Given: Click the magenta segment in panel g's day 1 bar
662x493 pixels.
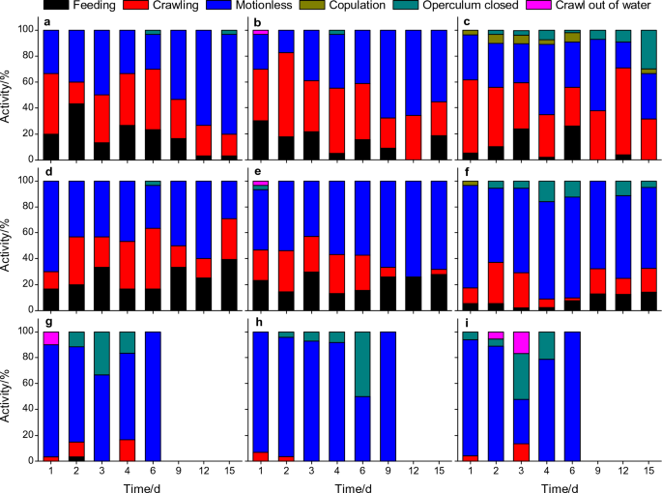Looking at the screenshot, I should pyautogui.click(x=50, y=337).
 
